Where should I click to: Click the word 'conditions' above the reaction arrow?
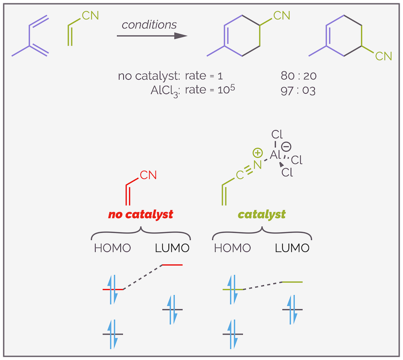149,24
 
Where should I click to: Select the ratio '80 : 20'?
298,76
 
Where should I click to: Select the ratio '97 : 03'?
298,90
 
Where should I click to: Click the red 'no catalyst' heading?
141,214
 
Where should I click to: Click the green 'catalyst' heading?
261,214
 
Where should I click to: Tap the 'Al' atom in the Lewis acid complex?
275,154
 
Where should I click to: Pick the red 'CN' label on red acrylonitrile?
148,175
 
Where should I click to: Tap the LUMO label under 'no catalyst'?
172,248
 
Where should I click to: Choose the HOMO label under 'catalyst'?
232,248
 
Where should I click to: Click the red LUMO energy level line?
172,264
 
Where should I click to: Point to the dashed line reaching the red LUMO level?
142,277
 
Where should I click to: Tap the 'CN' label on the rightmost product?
383,57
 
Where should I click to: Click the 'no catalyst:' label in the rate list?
149,76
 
